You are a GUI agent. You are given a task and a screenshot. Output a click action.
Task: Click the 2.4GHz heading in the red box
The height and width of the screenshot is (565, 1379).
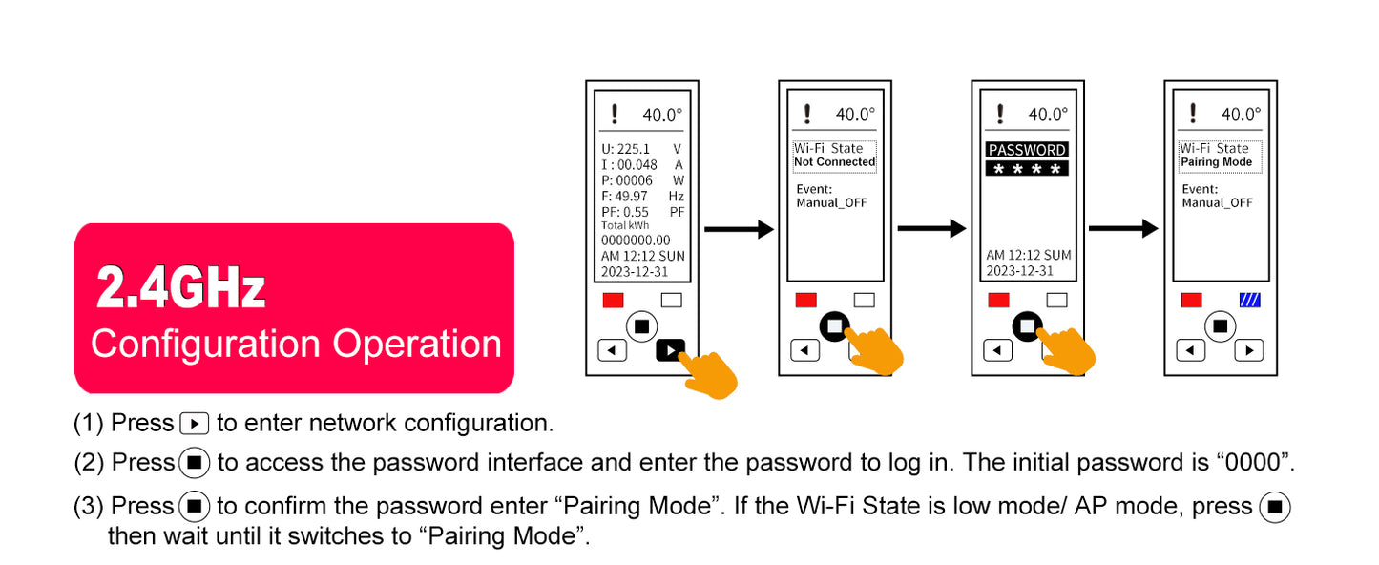click(180, 287)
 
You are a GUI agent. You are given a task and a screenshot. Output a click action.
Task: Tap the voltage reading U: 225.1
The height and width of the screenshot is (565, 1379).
click(625, 149)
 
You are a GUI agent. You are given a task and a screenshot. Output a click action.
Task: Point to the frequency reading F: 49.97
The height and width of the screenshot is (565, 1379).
click(624, 196)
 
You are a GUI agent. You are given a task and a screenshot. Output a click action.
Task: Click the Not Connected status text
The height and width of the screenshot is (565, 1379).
click(834, 162)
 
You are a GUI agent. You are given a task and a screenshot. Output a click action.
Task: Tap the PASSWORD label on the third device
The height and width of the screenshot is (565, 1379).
click(1026, 150)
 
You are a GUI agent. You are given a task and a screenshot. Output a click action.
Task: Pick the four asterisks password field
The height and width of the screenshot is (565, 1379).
click(1026, 169)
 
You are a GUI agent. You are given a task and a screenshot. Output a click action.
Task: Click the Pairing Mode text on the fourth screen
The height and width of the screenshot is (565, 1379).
click(1216, 162)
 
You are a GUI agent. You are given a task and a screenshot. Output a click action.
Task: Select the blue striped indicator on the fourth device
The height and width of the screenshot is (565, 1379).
click(1249, 300)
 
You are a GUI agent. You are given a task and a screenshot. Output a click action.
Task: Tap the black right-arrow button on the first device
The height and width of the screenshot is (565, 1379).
click(671, 350)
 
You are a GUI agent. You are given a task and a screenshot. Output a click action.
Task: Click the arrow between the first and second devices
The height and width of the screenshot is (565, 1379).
click(738, 229)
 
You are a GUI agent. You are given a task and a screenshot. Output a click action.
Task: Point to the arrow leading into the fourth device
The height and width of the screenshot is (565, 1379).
click(1122, 229)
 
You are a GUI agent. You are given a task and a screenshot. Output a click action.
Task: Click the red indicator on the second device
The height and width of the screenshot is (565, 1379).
click(805, 300)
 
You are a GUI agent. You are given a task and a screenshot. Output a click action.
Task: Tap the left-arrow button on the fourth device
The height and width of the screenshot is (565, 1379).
click(1190, 350)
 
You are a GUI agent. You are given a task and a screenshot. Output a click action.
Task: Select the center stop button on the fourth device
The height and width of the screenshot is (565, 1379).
click(1219, 325)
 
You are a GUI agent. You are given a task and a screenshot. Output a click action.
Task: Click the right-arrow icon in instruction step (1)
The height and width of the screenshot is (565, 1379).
click(194, 423)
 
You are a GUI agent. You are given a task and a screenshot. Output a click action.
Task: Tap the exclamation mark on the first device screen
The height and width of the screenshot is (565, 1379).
click(614, 115)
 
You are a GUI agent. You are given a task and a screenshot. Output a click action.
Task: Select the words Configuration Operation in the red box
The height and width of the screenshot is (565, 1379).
click(296, 344)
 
